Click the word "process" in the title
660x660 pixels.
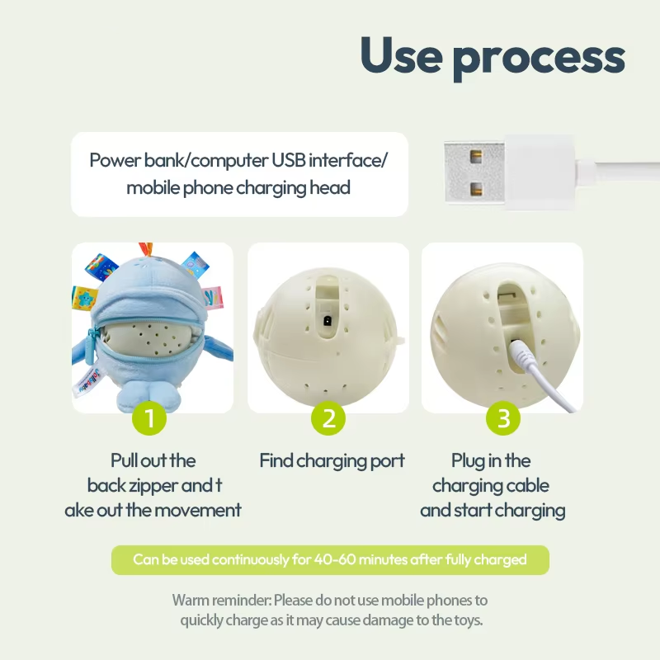tap(539, 58)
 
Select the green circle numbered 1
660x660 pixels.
tap(149, 418)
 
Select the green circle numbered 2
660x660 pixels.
tap(328, 418)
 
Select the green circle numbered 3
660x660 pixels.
tap(504, 418)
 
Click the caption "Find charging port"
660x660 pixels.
tap(332, 460)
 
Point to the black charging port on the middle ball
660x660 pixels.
tap(328, 321)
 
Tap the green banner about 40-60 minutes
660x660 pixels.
tap(330, 559)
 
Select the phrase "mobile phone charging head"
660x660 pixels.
tap(238, 187)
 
